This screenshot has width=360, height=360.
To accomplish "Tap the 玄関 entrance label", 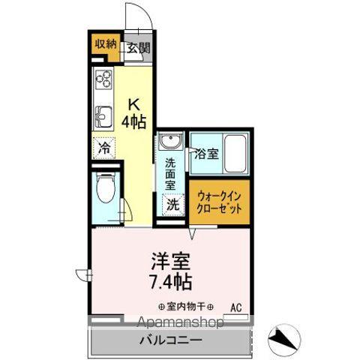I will pos(137,49).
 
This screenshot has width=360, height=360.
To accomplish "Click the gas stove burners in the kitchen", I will pos(103,78).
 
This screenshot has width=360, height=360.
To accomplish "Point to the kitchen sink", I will pos(102,116).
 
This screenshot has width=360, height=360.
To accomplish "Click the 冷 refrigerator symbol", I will pos(104,147).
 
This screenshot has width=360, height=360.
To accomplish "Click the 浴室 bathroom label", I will pos(206,154).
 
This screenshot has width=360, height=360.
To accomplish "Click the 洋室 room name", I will pos(172,262).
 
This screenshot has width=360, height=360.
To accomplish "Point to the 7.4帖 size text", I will pos(172,282).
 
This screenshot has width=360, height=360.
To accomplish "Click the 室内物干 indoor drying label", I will pos(185,307).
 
